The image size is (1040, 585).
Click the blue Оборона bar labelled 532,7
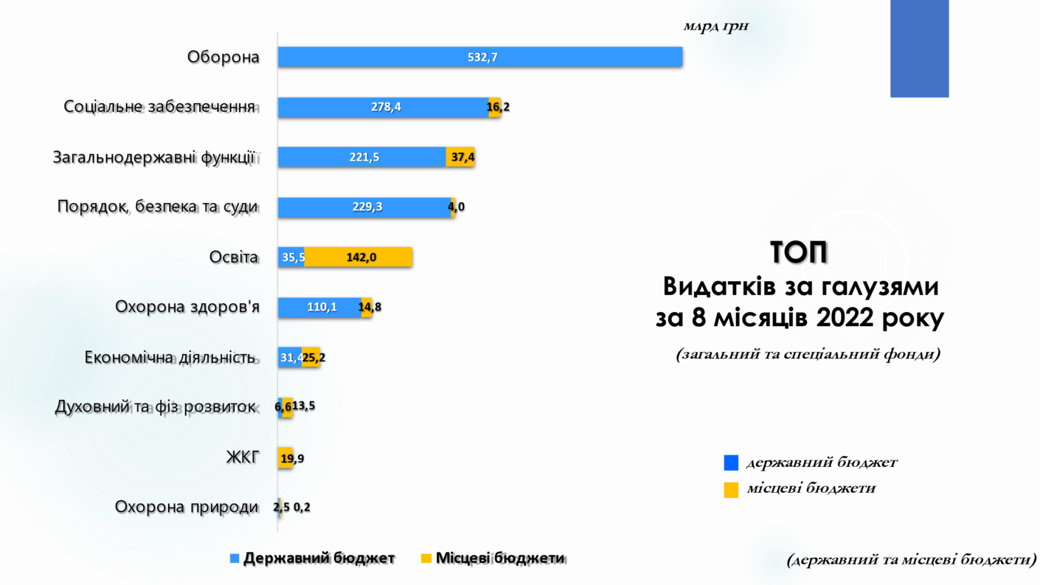(x=479, y=57)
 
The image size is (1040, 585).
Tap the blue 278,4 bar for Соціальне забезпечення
(x=384, y=107)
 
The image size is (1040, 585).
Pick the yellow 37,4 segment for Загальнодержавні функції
(x=460, y=157)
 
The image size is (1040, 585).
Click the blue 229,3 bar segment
(x=365, y=207)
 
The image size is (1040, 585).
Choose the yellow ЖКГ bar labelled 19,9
(x=285, y=458)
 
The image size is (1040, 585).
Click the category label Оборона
(x=223, y=57)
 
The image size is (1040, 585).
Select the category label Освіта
(x=234, y=257)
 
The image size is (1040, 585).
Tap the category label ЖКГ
(x=243, y=457)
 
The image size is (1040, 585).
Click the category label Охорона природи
(x=187, y=508)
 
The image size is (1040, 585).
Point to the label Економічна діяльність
(x=170, y=358)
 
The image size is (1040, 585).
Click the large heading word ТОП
(x=800, y=252)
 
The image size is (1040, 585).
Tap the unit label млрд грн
(x=715, y=27)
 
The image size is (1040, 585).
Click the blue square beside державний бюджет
(x=731, y=463)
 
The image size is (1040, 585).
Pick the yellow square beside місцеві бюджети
(x=731, y=489)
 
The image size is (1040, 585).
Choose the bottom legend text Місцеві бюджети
(x=500, y=558)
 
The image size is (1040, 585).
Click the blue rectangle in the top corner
(x=919, y=48)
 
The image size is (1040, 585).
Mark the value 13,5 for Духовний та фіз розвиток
(x=304, y=406)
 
